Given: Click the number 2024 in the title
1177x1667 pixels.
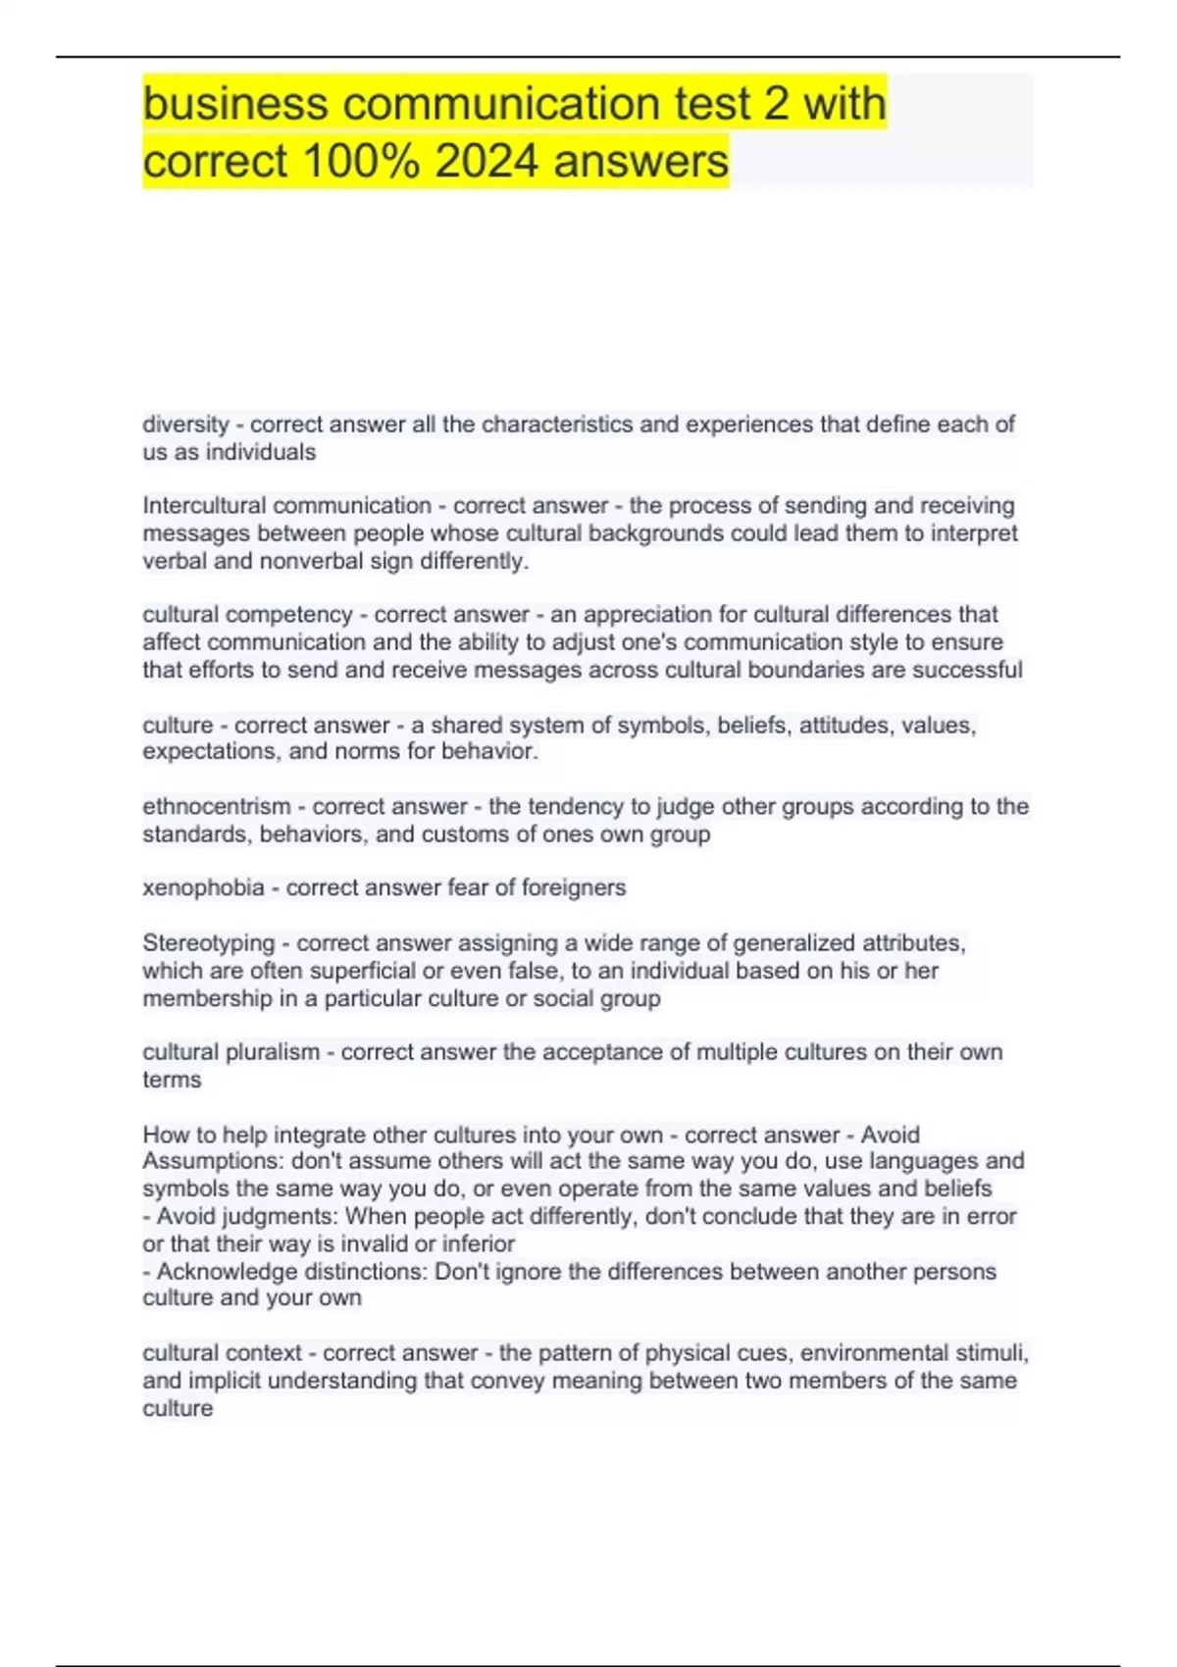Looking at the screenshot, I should [x=486, y=160].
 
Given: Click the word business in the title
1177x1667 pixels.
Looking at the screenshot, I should [x=235, y=103].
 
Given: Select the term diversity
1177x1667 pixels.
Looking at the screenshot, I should [x=185, y=425].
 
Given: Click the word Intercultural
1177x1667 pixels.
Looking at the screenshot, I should [x=204, y=506].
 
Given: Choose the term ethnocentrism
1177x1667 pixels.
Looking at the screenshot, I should [x=216, y=807].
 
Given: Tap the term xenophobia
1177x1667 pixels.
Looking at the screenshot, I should [x=203, y=887].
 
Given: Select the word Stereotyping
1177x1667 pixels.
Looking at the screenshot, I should [x=208, y=943].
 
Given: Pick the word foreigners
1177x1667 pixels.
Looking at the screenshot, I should [x=574, y=887].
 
